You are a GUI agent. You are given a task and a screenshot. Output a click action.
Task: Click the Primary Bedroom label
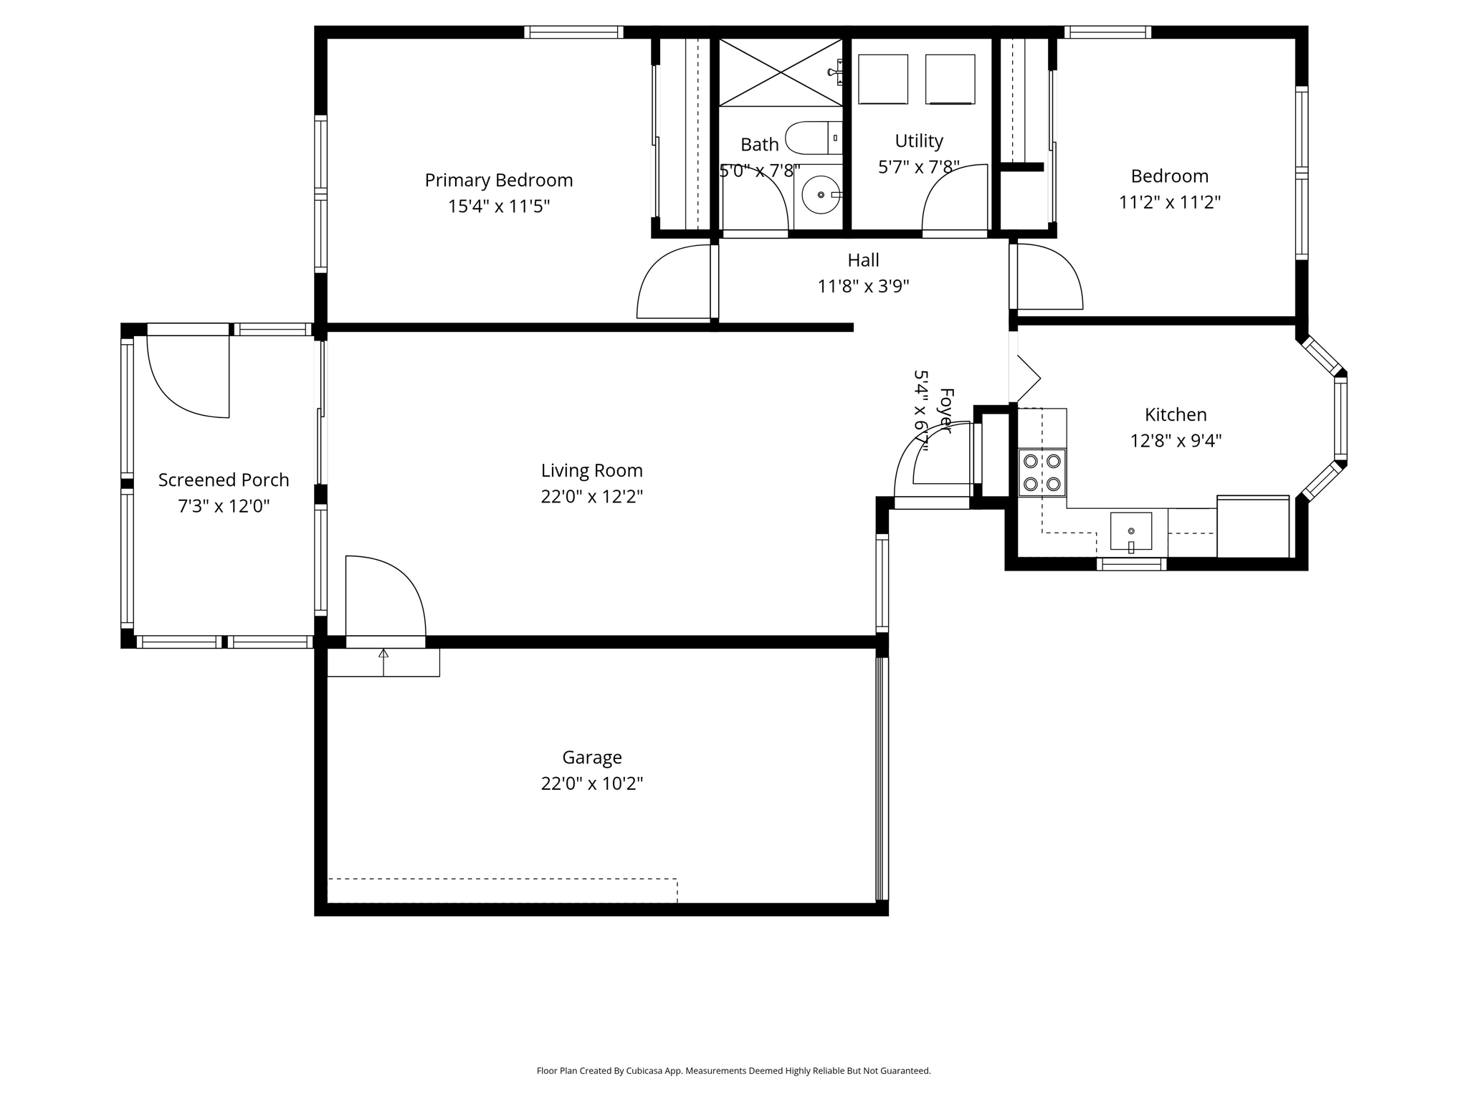[498, 180]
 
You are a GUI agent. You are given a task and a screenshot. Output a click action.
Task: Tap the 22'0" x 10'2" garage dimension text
[591, 783]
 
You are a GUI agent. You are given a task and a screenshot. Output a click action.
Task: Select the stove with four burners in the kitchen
[1042, 473]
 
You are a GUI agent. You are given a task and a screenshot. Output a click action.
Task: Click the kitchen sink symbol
[1130, 531]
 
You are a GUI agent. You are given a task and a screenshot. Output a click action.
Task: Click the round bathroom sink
[820, 194]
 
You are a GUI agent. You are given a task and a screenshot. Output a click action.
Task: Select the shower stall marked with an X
[780, 72]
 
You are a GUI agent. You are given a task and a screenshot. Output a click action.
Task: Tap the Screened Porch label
[224, 480]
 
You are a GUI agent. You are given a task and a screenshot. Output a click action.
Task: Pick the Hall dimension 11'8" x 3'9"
[863, 287]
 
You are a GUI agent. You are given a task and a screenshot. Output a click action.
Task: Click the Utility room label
[918, 140]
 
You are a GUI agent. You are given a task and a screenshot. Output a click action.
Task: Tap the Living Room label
[591, 470]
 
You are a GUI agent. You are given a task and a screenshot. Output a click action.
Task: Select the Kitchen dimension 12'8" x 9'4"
[1176, 440]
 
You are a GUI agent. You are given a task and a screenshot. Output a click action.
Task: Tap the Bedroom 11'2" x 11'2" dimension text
[1169, 202]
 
